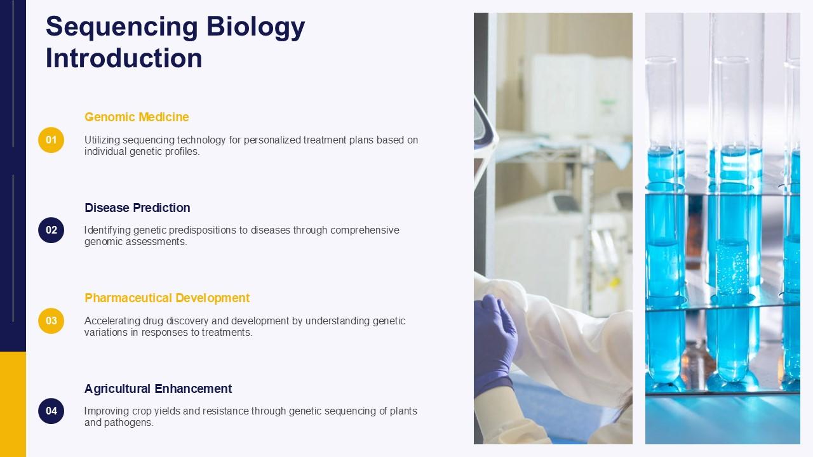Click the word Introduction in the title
point(124,58)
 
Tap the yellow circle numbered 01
point(51,140)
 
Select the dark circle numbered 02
point(51,230)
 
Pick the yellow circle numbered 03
point(51,321)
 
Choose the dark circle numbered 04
point(51,411)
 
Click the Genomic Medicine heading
point(137,117)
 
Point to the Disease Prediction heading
point(137,208)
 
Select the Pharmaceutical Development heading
point(167,298)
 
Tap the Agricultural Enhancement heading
point(158,388)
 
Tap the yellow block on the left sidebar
point(13,404)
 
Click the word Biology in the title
point(255,27)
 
